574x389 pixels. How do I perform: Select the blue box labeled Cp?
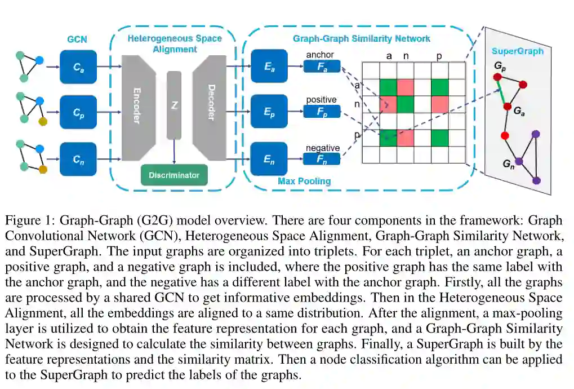tap(78, 112)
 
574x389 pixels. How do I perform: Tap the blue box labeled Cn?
tap(78, 159)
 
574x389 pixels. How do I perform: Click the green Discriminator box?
tap(174, 175)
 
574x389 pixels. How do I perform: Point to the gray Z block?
tap(174, 105)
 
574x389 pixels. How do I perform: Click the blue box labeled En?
tap(269, 159)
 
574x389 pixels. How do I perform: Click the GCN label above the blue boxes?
tap(77, 40)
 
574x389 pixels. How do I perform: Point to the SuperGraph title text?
tap(517, 51)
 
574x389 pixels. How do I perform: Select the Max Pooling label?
tap(304, 182)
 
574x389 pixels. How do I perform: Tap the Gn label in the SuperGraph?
tap(508, 163)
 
